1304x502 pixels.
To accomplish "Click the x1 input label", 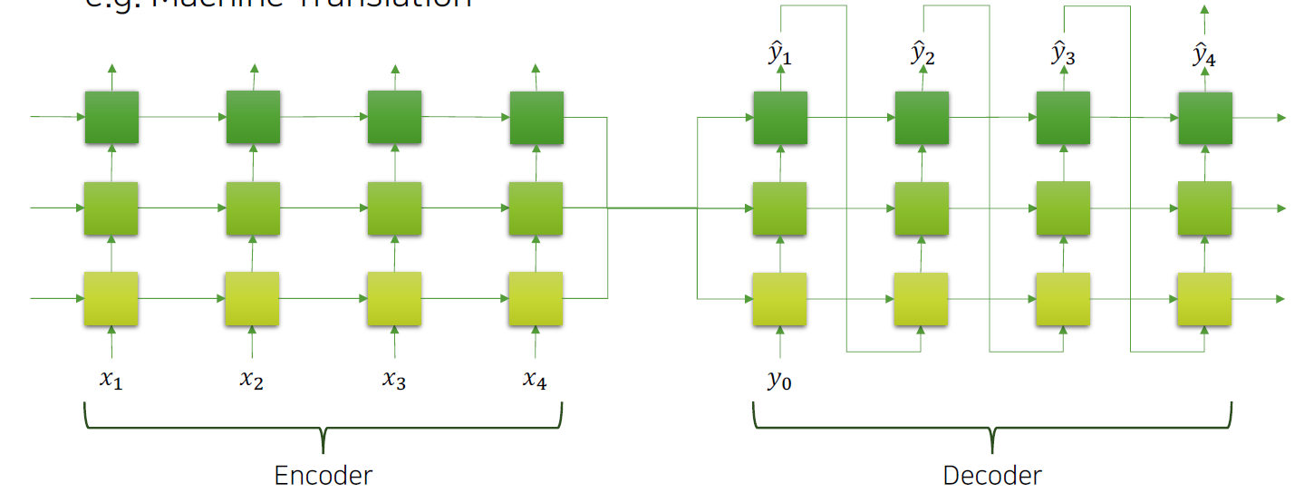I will click(x=111, y=380).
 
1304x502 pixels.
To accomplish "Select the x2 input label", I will click(x=252, y=380).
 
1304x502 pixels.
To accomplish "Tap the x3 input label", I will click(x=393, y=380).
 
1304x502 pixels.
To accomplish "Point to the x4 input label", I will click(x=535, y=380).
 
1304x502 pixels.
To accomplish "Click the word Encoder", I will click(x=324, y=475).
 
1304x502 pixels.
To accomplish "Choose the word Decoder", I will click(x=992, y=475).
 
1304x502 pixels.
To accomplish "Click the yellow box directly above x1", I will click(x=111, y=298).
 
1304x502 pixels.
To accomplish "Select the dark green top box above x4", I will click(x=536, y=118).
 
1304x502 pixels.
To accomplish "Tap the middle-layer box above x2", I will click(x=253, y=208).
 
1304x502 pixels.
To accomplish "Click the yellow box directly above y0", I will click(x=779, y=299).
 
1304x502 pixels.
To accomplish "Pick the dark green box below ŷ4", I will click(x=1204, y=118).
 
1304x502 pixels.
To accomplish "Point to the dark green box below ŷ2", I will click(x=922, y=118).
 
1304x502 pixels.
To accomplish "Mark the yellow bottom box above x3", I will click(x=393, y=298).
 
